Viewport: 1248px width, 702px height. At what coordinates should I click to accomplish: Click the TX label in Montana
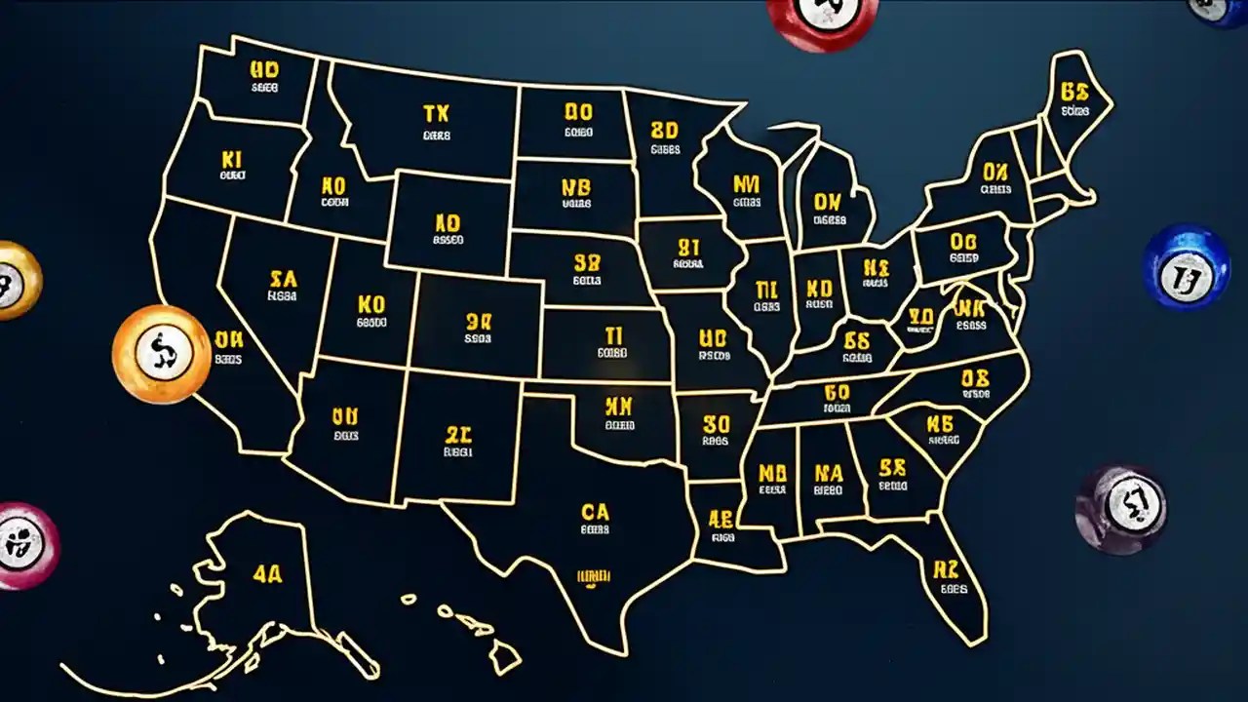pos(436,115)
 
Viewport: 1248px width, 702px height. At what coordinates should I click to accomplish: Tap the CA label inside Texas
pos(594,512)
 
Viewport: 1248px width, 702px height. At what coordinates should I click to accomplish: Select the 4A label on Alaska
pos(267,574)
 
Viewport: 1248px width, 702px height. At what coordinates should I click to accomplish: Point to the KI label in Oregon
pos(231,159)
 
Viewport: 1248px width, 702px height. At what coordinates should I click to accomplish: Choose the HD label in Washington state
pos(264,70)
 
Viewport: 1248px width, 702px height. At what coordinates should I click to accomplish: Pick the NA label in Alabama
pos(828,473)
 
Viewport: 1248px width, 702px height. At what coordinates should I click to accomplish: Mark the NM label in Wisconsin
pos(746,182)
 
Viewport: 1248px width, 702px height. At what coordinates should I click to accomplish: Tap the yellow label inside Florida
pos(947,569)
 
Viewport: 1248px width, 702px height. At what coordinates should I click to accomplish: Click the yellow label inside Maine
pos(1073,93)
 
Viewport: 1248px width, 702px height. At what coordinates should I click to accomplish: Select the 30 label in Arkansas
pos(716,424)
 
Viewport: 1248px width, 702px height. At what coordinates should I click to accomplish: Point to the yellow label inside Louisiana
pos(721,518)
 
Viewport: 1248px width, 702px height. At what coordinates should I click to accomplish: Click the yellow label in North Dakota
pos(578,113)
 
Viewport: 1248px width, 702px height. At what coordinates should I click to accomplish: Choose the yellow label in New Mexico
pos(458,434)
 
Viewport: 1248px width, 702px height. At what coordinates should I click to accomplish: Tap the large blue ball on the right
pos(1186,266)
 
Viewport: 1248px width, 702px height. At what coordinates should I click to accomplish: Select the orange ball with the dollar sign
pos(161,353)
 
